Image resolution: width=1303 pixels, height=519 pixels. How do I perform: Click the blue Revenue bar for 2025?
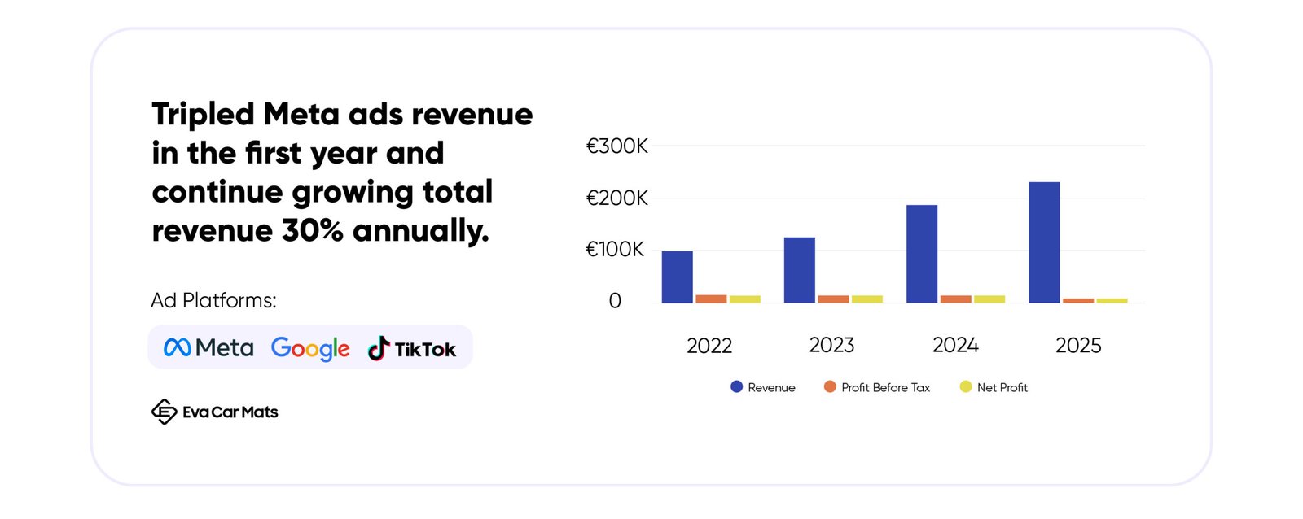1044,242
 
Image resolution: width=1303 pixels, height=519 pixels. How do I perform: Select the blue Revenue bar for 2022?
677,277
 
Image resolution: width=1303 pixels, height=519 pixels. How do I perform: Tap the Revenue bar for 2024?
922,254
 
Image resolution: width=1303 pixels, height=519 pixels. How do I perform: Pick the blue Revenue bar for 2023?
799,270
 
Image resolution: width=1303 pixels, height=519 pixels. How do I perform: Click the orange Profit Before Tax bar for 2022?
711,299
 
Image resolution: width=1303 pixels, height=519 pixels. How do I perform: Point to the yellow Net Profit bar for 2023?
867,299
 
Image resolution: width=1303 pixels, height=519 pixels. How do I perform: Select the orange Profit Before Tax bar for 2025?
1078,300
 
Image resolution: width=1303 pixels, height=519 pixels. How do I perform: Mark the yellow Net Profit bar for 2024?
989,299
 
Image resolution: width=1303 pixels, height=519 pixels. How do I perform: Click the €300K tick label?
616,146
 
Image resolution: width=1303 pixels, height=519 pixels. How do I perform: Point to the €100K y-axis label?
615,249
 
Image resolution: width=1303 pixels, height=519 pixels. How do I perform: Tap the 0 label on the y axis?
615,300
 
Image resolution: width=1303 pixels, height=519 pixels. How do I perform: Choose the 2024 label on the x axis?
955,345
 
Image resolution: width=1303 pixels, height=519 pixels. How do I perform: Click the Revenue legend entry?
762,387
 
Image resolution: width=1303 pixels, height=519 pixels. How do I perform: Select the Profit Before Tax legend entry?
876,387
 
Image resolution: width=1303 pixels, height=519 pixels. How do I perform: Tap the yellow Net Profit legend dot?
966,386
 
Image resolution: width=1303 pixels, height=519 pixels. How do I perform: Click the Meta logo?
208,347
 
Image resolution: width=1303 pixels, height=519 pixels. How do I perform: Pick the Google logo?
310,349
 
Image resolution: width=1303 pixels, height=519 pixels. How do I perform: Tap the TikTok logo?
411,348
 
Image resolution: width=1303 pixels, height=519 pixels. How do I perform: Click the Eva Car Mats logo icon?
164,412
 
